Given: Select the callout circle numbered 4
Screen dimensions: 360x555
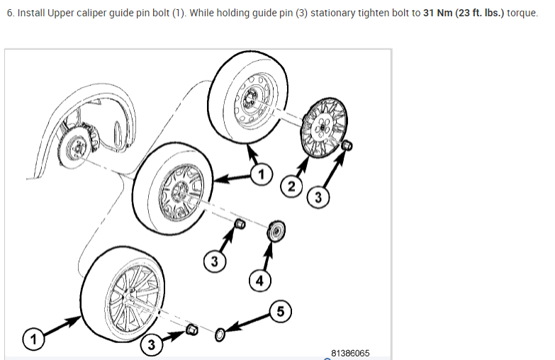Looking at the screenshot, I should pos(259,281).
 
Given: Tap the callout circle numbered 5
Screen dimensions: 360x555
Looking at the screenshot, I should pos(280,310).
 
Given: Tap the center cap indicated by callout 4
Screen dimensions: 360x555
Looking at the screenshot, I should pos(276,230).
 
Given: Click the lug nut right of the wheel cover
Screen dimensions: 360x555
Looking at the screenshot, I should pos(347,145).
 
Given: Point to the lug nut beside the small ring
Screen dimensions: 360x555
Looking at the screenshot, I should pos(191,330).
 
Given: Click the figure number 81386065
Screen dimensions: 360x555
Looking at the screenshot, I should pos(350,352).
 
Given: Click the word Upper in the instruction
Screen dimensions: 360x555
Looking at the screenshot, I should pos(64,14).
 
